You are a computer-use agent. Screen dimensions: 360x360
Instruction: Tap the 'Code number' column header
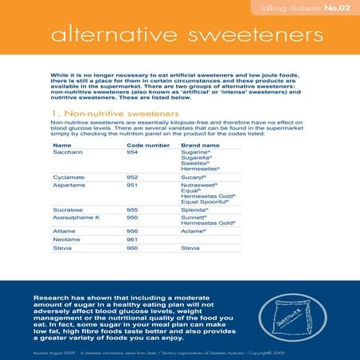point(147,146)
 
